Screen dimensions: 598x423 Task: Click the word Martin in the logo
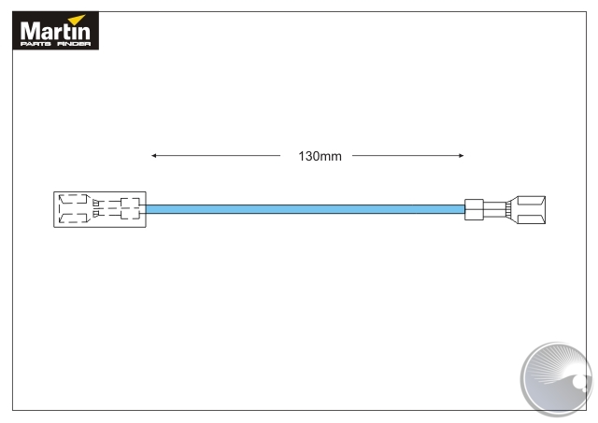coord(55,31)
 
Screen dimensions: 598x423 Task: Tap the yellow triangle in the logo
coord(78,19)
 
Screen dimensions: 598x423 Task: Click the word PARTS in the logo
coord(36,44)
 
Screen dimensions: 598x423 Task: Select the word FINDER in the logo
coord(74,44)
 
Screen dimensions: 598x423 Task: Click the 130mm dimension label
coord(320,156)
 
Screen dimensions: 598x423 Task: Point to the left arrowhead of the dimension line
coord(153,156)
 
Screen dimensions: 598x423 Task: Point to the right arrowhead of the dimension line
coord(462,156)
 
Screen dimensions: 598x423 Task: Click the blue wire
coord(306,209)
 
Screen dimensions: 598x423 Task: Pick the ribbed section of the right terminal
coord(508,210)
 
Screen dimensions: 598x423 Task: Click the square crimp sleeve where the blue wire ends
coord(474,209)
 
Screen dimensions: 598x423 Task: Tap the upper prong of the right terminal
coord(531,201)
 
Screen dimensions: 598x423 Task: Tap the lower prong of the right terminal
coord(531,219)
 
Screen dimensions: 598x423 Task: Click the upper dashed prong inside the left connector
coord(75,199)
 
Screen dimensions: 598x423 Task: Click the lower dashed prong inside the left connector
coord(75,219)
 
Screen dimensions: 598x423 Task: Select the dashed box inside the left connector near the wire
coord(130,208)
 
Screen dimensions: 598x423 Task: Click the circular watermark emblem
coord(558,378)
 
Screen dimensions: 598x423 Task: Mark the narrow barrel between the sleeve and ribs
coord(494,210)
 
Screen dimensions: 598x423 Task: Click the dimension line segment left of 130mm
coord(216,156)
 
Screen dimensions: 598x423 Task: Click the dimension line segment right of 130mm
coord(408,156)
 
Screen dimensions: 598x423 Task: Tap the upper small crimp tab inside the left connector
coord(96,203)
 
